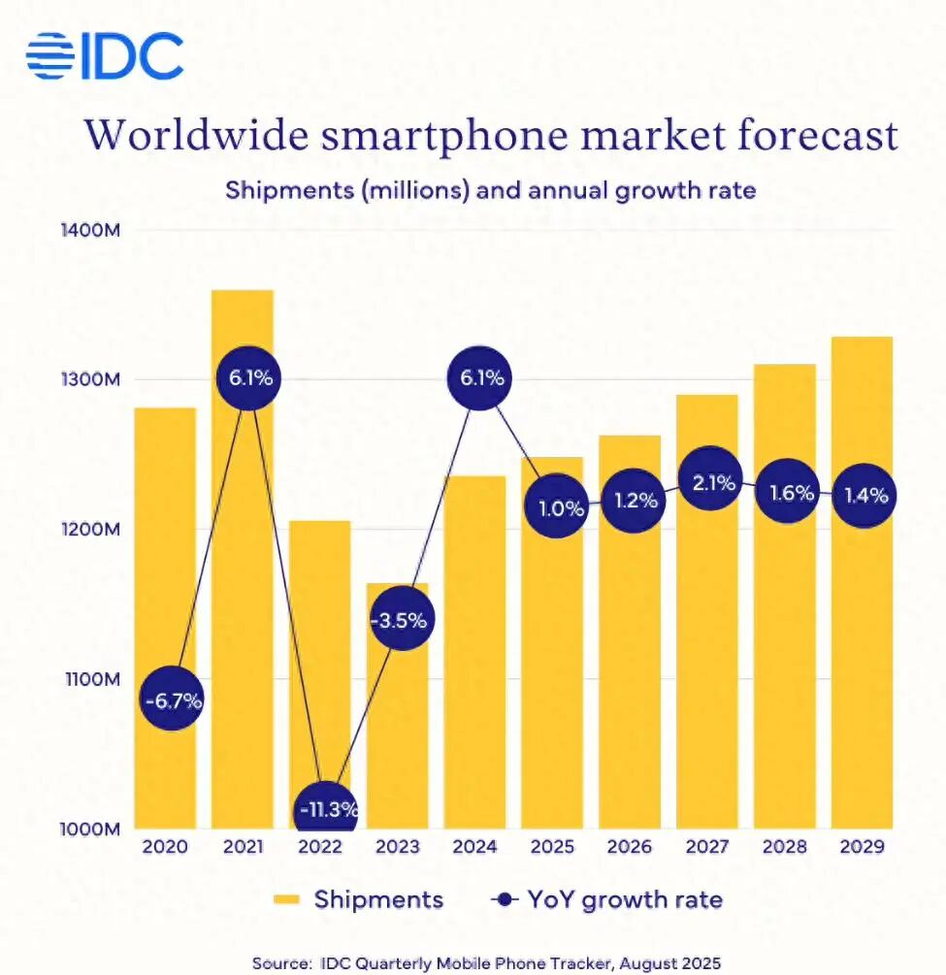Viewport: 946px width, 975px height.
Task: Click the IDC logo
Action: tap(104, 56)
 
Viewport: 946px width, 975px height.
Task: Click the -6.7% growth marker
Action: tap(172, 699)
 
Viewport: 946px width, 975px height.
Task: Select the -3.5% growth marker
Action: tap(398, 619)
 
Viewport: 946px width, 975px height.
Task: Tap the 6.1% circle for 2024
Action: tap(475, 378)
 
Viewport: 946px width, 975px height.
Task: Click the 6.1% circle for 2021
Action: tap(250, 378)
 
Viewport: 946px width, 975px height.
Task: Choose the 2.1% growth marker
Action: tap(707, 483)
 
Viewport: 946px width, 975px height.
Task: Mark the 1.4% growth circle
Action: tap(862, 496)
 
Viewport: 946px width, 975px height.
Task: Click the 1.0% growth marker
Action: tap(553, 507)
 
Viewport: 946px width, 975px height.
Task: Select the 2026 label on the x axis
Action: tap(630, 847)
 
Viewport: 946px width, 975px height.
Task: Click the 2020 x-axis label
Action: tap(165, 847)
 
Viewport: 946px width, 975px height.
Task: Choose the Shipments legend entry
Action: tap(355, 899)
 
